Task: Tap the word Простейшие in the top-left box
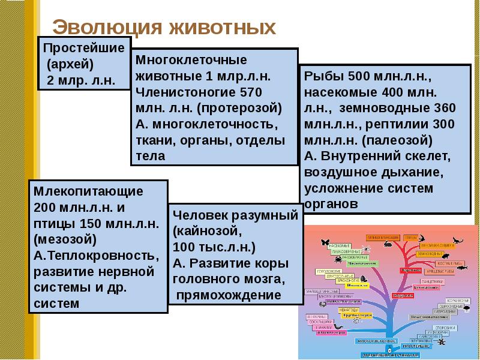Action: coord(85,48)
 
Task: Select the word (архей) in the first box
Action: coord(72,64)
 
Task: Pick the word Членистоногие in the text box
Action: coord(186,92)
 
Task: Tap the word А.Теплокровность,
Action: coord(97,256)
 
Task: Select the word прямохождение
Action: coord(229,296)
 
